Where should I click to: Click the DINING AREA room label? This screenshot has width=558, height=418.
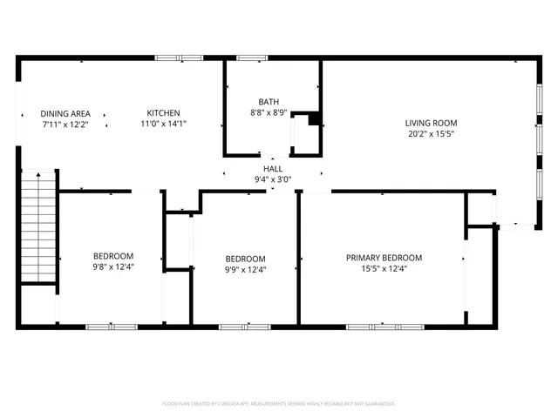(65, 113)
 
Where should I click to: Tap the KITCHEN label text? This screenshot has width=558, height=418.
(163, 113)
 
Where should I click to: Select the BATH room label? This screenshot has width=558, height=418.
(269, 102)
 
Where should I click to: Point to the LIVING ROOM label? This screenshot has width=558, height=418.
(431, 123)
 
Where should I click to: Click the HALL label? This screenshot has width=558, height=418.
(273, 169)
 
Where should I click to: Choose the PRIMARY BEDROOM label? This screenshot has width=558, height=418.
(384, 258)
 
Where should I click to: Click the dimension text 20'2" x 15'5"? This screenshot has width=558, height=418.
(431, 134)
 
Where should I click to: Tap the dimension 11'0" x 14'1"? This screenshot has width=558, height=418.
(163, 124)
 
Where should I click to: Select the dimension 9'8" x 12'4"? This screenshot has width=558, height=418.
(113, 266)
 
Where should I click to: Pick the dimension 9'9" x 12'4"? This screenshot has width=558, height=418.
(245, 269)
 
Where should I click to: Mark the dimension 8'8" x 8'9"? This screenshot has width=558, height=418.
(269, 112)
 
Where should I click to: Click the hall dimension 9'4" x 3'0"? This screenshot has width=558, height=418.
(273, 179)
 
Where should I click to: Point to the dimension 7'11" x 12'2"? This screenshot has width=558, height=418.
(65, 124)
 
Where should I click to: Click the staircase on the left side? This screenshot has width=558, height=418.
(37, 226)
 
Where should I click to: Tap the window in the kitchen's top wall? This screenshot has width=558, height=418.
(179, 58)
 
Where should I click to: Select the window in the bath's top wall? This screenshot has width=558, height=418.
(252, 58)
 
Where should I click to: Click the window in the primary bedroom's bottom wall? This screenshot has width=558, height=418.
(385, 327)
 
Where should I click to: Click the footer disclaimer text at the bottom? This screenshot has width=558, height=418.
(279, 404)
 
